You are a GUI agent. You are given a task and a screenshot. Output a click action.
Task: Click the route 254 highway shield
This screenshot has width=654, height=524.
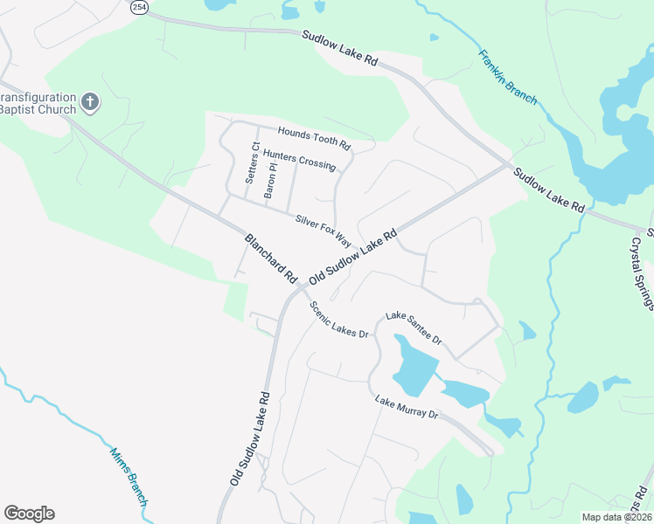[x=139, y=7]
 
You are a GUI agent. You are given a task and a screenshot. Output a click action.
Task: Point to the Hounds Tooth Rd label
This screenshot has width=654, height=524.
[x=314, y=137]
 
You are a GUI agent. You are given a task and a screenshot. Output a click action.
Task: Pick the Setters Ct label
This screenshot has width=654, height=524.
[x=252, y=162]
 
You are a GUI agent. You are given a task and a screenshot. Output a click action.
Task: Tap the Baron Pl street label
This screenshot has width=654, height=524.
[x=271, y=177]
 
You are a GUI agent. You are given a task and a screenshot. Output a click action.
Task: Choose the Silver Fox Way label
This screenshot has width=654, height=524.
[x=323, y=230]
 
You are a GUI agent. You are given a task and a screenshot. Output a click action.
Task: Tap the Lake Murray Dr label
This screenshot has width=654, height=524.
[x=407, y=407]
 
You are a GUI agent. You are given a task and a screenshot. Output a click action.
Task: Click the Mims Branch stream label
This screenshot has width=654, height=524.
[x=129, y=477]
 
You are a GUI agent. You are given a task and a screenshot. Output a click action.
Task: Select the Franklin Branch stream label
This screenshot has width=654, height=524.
[x=507, y=77]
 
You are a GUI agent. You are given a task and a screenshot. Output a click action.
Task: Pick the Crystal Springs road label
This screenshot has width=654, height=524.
[x=642, y=272]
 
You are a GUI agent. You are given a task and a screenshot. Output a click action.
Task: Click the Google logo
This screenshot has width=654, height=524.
[x=29, y=514]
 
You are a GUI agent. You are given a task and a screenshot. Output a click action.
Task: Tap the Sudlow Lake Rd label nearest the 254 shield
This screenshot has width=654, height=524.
[x=340, y=49]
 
